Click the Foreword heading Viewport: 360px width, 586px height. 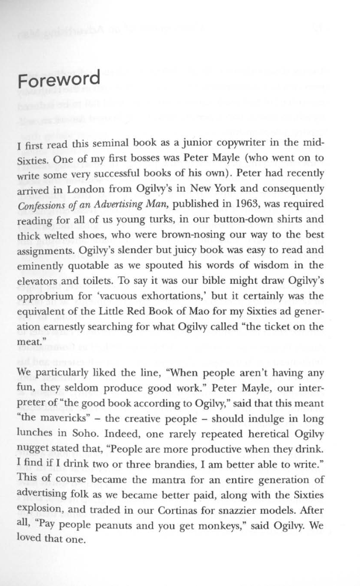pos(59,80)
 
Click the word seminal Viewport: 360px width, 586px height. pos(96,143)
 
